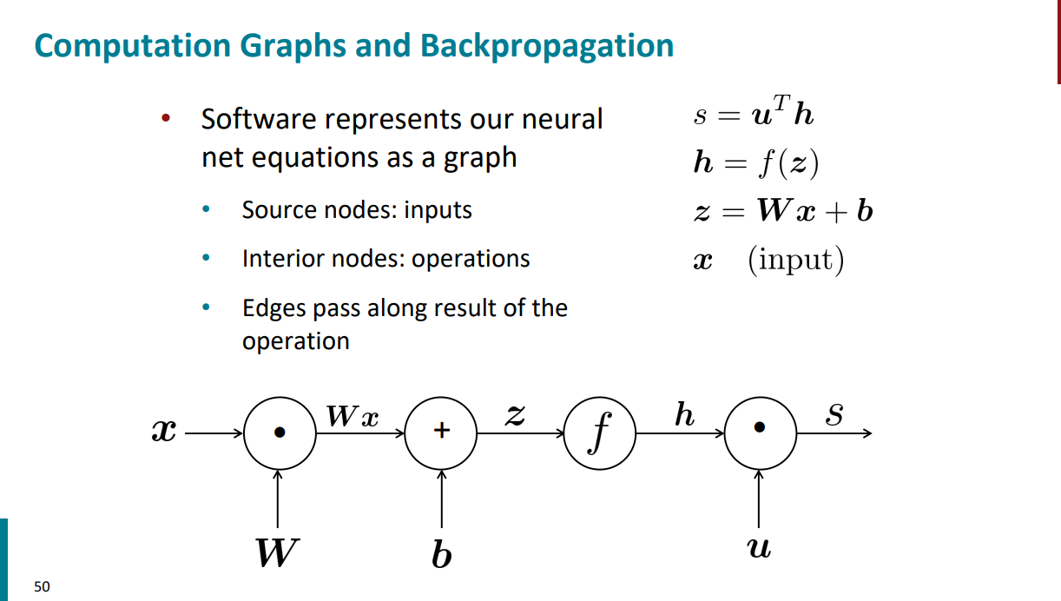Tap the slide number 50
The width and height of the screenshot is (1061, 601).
[42, 586]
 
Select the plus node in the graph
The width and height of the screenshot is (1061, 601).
[441, 432]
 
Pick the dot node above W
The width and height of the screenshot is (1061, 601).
[279, 432]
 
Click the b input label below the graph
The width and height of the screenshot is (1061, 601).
[441, 553]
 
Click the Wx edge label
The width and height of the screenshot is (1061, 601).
[353, 417]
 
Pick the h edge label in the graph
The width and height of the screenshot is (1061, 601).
[684, 415]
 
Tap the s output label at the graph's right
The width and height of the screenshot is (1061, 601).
[834, 415]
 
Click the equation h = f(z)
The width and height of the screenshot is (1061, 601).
[755, 163]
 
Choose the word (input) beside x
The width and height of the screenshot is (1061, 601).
[795, 261]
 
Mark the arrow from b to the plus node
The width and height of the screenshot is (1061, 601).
[441, 499]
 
